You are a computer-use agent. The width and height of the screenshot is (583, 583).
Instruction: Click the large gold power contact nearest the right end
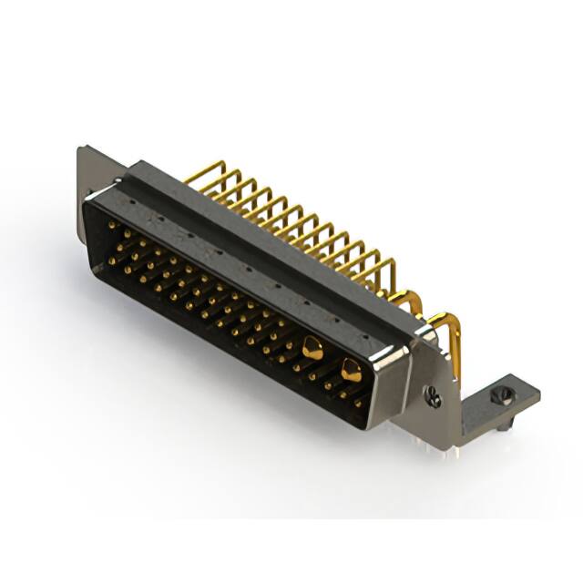coord(350,369)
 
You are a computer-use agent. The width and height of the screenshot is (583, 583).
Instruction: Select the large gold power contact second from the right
coord(312,346)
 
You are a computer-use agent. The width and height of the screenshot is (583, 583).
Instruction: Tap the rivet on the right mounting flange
coord(435,397)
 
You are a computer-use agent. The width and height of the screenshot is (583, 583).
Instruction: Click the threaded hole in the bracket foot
coord(498,396)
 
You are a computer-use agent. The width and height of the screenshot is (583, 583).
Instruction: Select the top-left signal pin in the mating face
coord(111,223)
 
